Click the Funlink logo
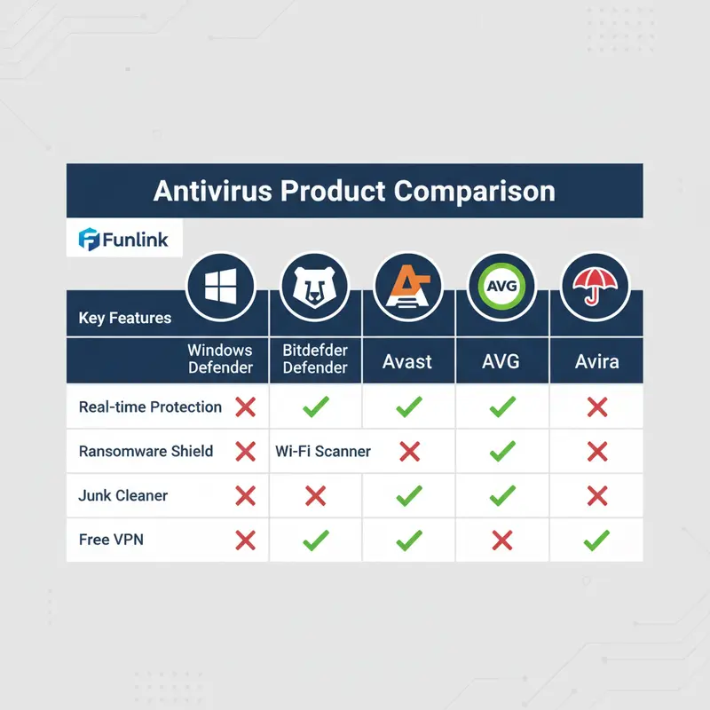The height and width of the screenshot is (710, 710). pyautogui.click(x=123, y=239)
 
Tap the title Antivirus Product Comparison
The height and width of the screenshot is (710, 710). pyautogui.click(x=354, y=191)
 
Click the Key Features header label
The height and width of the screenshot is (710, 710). pyautogui.click(x=125, y=318)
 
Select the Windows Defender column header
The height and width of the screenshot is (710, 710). pyautogui.click(x=220, y=359)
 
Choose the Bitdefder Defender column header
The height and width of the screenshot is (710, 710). pyautogui.click(x=315, y=359)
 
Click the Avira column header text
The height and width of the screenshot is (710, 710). pyautogui.click(x=596, y=362)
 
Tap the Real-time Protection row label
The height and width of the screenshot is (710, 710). pyautogui.click(x=150, y=407)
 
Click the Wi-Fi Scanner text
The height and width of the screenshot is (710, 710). pyautogui.click(x=323, y=452)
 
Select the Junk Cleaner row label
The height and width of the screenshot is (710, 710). pyautogui.click(x=123, y=495)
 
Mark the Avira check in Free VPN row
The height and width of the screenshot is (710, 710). pyautogui.click(x=596, y=539)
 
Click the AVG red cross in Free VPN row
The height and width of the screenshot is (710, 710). pyautogui.click(x=502, y=540)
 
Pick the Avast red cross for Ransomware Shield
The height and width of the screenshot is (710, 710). pyautogui.click(x=409, y=452)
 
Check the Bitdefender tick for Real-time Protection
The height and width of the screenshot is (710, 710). pyautogui.click(x=315, y=408)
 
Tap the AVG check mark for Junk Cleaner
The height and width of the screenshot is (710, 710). pyautogui.click(x=502, y=495)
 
